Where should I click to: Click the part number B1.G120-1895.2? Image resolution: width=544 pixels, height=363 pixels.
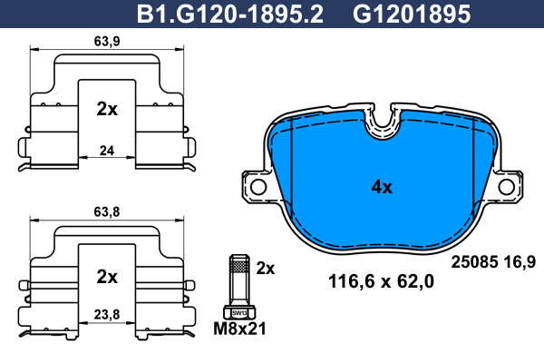[229, 15]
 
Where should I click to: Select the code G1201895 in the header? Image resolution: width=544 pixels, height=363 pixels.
[412, 15]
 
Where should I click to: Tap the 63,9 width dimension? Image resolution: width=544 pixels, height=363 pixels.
[107, 42]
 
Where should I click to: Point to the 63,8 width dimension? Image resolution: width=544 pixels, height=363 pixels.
[107, 211]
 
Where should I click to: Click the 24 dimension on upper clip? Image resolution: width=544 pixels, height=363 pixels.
[107, 151]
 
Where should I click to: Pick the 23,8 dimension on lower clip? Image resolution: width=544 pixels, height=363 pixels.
[107, 314]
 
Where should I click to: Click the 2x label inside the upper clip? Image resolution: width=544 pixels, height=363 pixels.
[107, 109]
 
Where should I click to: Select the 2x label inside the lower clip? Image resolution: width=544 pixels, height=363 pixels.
[107, 277]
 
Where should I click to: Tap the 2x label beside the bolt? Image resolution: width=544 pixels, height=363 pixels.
[266, 269]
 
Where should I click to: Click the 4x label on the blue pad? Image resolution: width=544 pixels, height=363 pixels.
[382, 187]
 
